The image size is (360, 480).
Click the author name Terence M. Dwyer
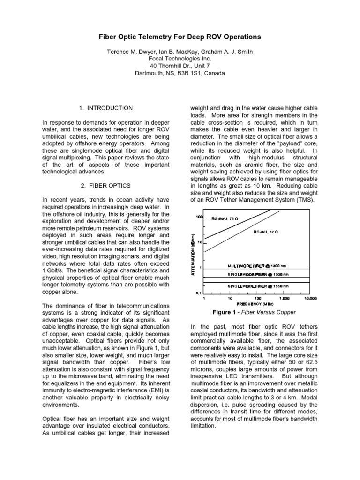[x=130, y=51]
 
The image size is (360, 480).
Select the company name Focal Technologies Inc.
[x=180, y=59]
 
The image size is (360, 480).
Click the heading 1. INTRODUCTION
[x=105, y=108]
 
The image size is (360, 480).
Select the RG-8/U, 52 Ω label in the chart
[x=266, y=232]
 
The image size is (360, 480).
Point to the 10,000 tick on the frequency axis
[x=310, y=298]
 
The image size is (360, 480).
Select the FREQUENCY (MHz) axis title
[x=255, y=303]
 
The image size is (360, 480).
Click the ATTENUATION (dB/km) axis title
[x=193, y=254]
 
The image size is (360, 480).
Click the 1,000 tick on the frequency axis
[x=284, y=298]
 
